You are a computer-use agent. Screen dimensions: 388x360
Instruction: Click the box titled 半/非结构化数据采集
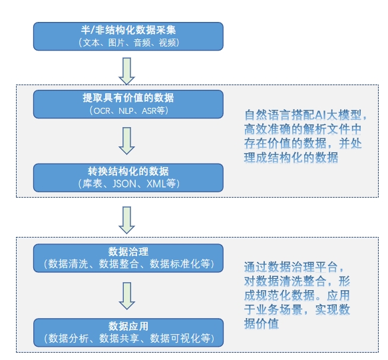(128, 37)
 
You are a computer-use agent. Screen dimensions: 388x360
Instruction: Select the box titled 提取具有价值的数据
(128, 104)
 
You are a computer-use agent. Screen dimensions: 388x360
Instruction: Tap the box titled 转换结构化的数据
(128, 178)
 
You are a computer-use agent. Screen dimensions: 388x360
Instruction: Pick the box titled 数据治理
(128, 258)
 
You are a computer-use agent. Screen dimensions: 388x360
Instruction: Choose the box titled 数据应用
(128, 333)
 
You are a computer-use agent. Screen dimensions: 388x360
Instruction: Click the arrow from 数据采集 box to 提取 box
(126, 71)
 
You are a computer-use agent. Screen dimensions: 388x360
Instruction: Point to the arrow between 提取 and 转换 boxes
(126, 141)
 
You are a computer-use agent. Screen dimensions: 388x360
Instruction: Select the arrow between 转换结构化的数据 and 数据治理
(126, 220)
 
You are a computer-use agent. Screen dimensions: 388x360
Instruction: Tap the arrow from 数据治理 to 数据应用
(126, 296)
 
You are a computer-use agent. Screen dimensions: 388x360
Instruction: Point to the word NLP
(126, 110)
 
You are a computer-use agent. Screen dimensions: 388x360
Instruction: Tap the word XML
(156, 184)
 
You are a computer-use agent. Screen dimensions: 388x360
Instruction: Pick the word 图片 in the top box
(116, 43)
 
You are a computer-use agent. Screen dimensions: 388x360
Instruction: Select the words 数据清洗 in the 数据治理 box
(68, 264)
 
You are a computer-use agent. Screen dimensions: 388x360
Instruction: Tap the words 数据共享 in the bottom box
(119, 339)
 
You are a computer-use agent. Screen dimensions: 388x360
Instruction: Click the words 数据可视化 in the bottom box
(175, 339)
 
